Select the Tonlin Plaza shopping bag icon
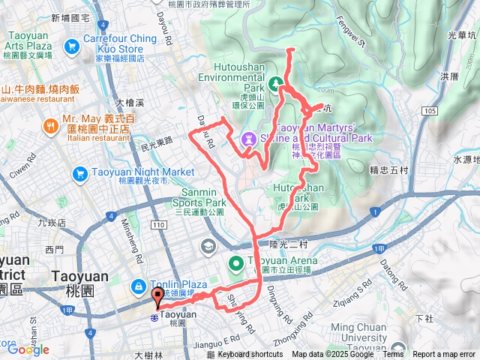(139, 286)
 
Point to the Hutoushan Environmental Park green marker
(275, 84)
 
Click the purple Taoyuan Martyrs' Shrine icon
(248, 139)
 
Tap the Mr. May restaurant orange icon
(51, 126)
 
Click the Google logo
(28, 349)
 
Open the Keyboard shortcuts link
(250, 355)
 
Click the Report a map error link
(445, 355)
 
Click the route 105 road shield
(427, 111)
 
